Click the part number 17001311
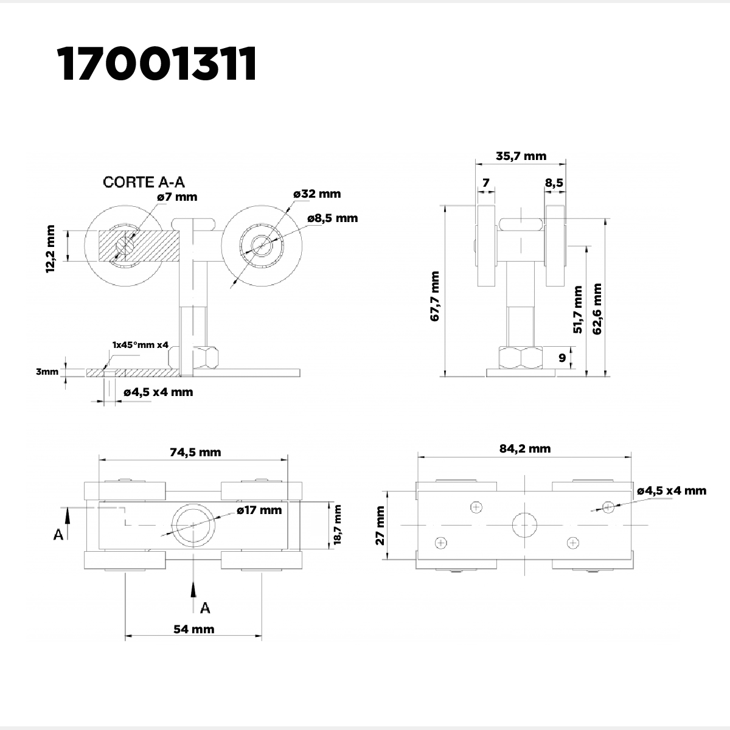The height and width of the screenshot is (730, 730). pyautogui.click(x=157, y=64)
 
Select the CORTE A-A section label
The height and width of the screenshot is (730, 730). pyautogui.click(x=144, y=182)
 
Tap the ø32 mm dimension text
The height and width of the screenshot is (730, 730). pyautogui.click(x=317, y=194)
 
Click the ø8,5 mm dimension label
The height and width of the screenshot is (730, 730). pyautogui.click(x=332, y=218)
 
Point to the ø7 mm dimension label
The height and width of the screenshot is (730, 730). pyautogui.click(x=177, y=197)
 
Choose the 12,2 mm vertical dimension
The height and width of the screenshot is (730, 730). pyautogui.click(x=50, y=249)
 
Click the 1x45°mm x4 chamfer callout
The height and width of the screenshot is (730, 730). pyautogui.click(x=140, y=345)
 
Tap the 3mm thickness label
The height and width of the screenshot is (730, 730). pyautogui.click(x=47, y=372)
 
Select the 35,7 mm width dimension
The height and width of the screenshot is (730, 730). pyautogui.click(x=521, y=156)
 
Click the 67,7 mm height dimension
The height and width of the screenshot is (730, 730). pyautogui.click(x=434, y=296)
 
